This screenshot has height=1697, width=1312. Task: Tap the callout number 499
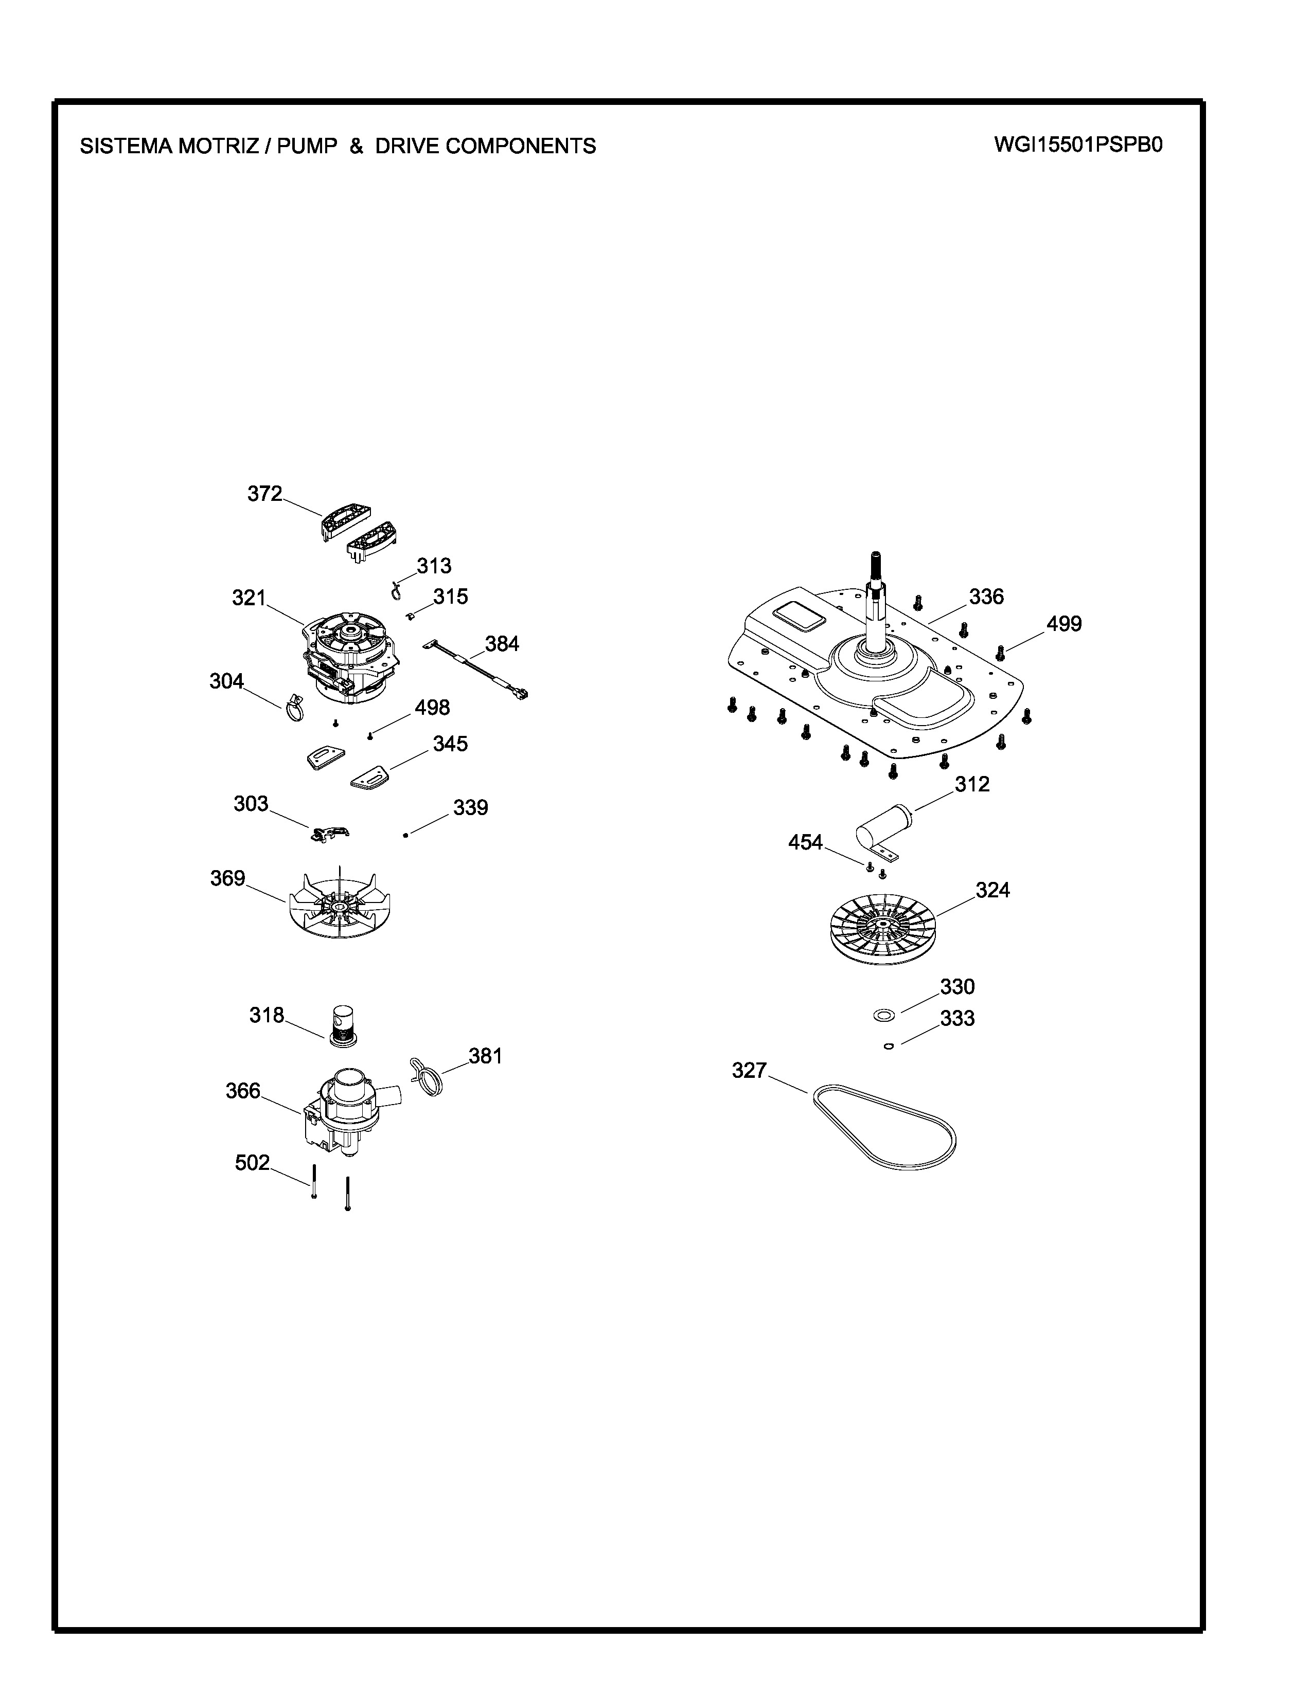pos(1063,623)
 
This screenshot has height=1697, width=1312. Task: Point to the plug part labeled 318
pos(343,1026)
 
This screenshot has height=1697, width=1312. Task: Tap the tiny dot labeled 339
pos(406,835)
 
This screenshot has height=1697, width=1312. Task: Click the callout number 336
pos(986,597)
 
